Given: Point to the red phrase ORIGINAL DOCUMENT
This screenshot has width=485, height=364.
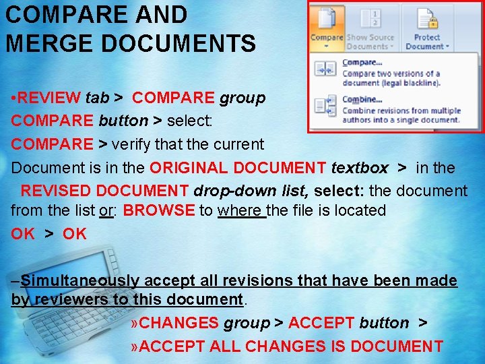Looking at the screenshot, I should coord(238,168).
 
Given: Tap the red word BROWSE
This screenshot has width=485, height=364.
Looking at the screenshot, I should coord(159,210).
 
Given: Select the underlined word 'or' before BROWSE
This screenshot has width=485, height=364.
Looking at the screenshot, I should coord(106,210).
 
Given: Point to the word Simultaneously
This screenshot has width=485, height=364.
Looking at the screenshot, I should coord(80,280).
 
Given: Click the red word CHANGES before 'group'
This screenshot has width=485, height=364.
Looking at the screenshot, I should coord(179,324).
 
